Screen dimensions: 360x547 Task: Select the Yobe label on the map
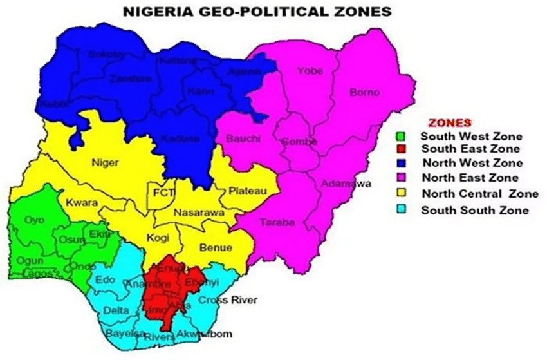coord(309,71)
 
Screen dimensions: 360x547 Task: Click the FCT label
coord(160,191)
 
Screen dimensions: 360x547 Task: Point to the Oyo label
coord(34,220)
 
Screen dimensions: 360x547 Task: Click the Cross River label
coord(237,300)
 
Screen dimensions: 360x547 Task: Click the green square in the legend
coord(400,136)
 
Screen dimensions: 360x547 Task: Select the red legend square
coord(400,149)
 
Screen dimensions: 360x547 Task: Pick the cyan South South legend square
coord(400,210)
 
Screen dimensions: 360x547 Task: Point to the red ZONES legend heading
coord(450,122)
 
